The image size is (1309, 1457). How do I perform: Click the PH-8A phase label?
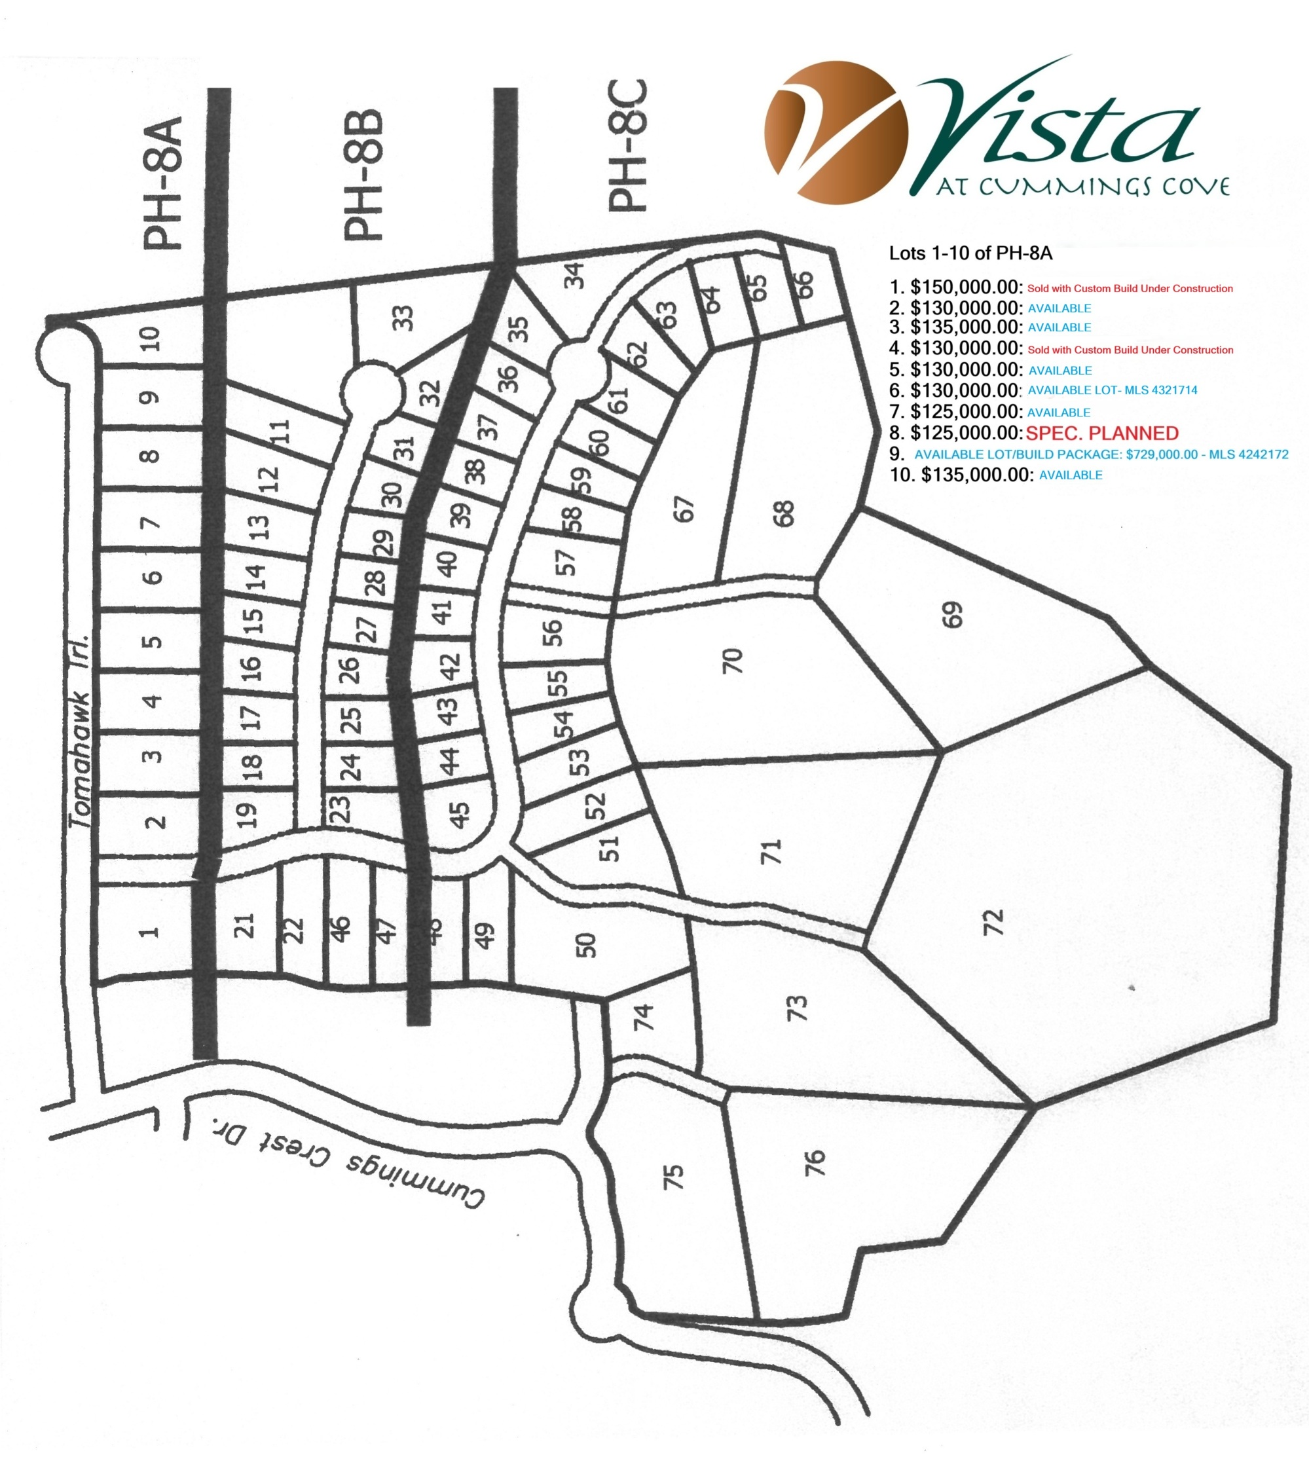click(162, 184)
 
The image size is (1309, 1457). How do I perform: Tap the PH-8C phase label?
click(627, 147)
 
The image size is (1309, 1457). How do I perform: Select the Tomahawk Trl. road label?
click(81, 731)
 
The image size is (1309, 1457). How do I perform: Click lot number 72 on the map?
click(993, 923)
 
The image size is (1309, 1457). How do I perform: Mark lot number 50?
click(587, 945)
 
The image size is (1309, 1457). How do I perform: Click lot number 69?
click(951, 615)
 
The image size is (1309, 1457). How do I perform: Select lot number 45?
click(459, 815)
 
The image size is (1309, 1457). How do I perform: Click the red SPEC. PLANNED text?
click(1102, 433)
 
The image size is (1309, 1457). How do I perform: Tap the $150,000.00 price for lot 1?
click(966, 287)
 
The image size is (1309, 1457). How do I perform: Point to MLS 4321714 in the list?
click(1165, 390)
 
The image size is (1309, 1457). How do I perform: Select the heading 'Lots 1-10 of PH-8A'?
click(970, 253)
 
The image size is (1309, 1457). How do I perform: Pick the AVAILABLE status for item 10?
click(1070, 475)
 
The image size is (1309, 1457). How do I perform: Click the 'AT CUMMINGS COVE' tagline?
click(1082, 188)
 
